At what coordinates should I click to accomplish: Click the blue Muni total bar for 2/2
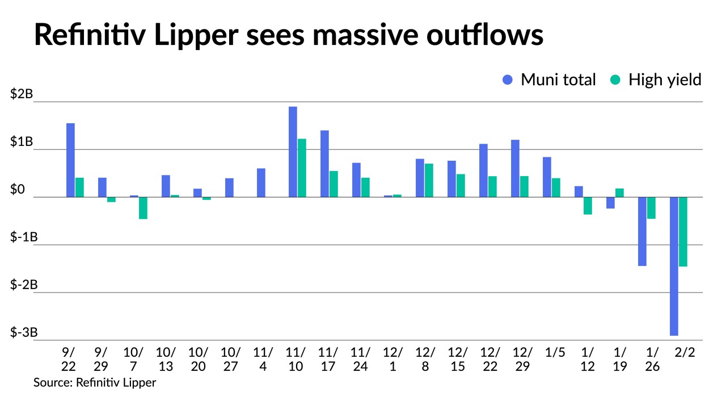674,266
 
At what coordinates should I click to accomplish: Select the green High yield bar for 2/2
683,232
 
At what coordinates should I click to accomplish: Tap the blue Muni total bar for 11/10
293,152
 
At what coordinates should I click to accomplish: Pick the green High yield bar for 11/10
302,168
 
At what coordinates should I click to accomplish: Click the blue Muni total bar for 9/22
70,160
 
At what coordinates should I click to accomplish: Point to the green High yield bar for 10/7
143,208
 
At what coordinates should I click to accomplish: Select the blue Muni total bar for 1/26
642,231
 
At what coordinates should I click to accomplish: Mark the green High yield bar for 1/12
588,206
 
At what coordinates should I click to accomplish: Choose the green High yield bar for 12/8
429,180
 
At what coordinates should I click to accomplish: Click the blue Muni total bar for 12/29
515,168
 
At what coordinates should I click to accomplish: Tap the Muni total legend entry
549,80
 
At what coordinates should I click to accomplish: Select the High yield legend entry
656,80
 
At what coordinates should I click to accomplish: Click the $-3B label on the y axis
24,332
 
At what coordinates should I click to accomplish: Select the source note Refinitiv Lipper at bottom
95,382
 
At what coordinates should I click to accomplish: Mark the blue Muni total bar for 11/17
324,164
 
